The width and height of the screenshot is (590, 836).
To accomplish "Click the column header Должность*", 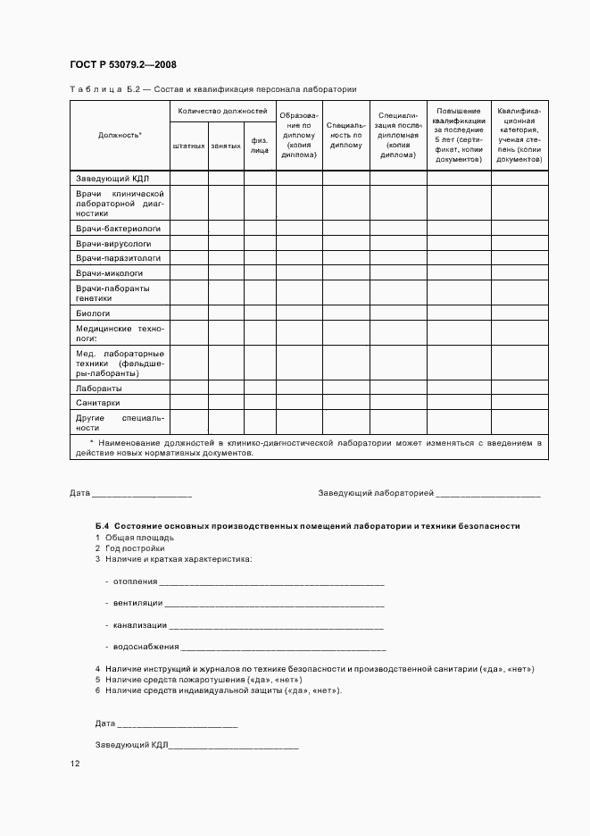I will click(x=120, y=135).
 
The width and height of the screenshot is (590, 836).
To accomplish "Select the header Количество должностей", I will click(x=222, y=111).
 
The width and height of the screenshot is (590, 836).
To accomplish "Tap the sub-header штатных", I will click(x=188, y=145).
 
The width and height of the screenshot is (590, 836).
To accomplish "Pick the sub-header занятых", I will click(x=226, y=145).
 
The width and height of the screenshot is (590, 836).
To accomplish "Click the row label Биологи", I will click(x=93, y=313).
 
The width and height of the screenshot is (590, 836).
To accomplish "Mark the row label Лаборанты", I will click(x=99, y=389).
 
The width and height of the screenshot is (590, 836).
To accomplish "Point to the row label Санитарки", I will click(x=98, y=403).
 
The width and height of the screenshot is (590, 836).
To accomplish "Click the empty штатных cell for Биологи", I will click(x=188, y=313).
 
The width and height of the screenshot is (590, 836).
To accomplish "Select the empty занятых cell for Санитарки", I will click(x=226, y=403).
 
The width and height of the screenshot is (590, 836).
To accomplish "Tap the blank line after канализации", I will click(x=276, y=625).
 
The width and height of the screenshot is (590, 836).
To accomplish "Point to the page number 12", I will click(x=75, y=765).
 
